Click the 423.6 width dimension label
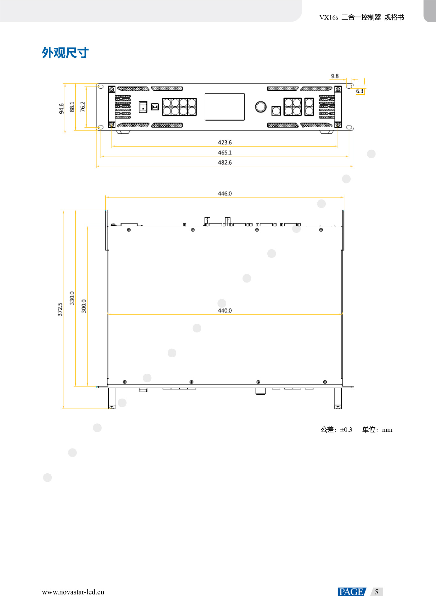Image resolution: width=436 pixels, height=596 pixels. click(225, 142)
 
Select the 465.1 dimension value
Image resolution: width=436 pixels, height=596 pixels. click(225, 153)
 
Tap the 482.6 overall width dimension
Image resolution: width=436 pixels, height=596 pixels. click(225, 163)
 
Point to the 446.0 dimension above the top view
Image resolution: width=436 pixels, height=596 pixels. click(225, 194)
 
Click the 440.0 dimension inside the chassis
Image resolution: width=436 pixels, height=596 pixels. click(225, 311)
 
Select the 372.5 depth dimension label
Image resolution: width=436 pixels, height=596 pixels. click(60, 309)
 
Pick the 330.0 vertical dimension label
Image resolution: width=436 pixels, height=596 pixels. click(72, 298)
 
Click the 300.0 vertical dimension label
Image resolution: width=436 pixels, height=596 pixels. click(84, 306)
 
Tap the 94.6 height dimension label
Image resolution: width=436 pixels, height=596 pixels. click(61, 109)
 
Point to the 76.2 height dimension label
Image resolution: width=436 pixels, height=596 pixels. click(83, 106)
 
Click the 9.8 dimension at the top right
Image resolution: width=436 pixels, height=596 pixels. click(334, 76)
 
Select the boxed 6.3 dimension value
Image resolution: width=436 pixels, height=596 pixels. click(360, 91)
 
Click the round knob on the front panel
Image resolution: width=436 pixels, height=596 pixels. click(261, 107)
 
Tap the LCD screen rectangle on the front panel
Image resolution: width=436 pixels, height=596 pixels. click(225, 107)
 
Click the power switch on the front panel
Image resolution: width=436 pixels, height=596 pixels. click(143, 107)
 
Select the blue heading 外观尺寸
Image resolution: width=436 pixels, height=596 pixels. click(65, 53)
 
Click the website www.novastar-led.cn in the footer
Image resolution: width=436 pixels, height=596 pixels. click(73, 592)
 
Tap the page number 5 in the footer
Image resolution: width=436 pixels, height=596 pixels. click(376, 592)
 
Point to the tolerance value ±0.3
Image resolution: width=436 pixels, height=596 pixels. click(346, 430)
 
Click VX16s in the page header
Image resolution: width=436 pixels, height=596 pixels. click(329, 17)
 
